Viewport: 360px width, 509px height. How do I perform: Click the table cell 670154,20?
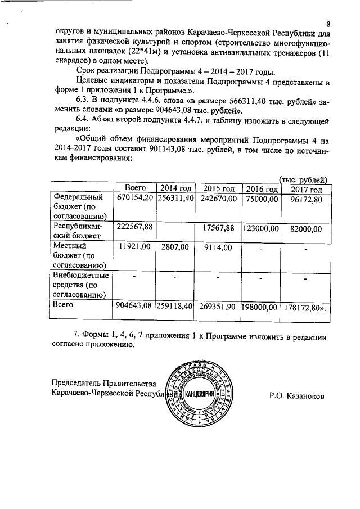[x=134, y=199]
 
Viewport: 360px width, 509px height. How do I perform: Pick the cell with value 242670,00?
[x=219, y=199]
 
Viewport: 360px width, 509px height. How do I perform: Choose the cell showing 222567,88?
[x=134, y=228]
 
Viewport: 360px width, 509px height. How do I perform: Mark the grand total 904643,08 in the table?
[x=134, y=307]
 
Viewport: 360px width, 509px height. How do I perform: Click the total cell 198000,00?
[x=262, y=307]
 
